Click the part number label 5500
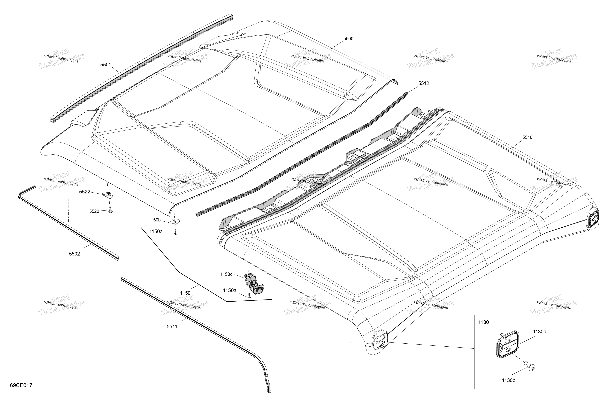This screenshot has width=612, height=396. [348, 39]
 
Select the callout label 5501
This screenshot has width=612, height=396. [106, 65]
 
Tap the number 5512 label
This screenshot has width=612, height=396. [423, 83]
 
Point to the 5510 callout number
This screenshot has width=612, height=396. [527, 137]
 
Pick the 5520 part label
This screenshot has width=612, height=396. [94, 211]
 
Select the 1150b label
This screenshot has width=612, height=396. [155, 220]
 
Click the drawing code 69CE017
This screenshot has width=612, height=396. [21, 385]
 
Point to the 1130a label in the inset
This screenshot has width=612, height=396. [539, 332]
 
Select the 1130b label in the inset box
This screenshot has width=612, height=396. [509, 380]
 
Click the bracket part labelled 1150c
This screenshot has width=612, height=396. [254, 284]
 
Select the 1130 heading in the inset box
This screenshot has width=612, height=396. [483, 322]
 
